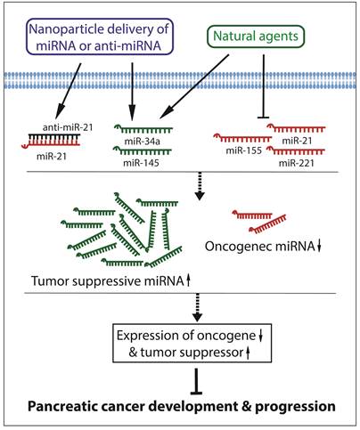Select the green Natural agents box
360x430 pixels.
(261, 37)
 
